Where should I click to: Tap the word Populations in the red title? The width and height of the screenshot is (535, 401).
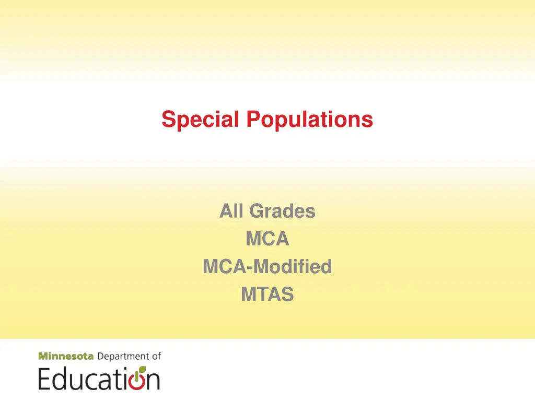tap(310, 120)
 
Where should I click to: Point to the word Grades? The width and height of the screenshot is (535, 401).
tap(282, 211)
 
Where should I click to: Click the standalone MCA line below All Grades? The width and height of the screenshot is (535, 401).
tap(267, 239)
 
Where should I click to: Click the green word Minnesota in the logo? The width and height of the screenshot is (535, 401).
tap(66, 357)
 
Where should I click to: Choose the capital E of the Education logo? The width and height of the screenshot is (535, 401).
tap(45, 378)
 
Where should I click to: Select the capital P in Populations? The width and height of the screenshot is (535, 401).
tap(253, 120)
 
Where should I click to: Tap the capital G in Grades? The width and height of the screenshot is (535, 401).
tap(257, 211)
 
